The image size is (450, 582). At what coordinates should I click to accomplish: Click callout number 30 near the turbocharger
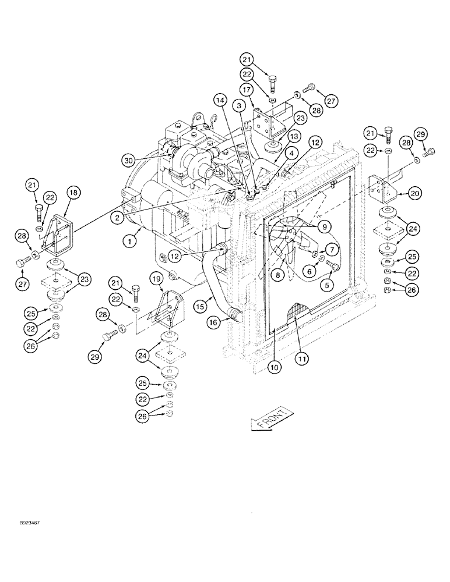point(129,159)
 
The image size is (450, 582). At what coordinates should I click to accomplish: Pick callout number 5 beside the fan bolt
point(328,285)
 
